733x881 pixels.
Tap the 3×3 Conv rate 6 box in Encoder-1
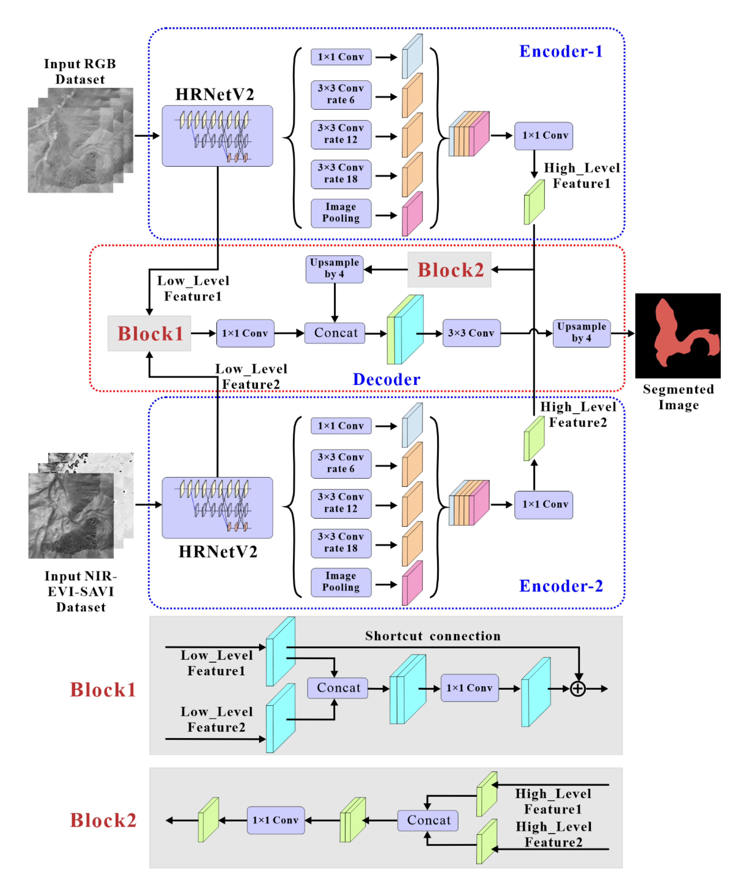pyautogui.click(x=341, y=94)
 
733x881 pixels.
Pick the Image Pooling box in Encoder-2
pyautogui.click(x=341, y=582)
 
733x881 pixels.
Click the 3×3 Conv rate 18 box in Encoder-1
pyautogui.click(x=341, y=174)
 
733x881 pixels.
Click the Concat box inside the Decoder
pyautogui.click(x=335, y=333)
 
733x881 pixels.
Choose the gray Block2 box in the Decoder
pyautogui.click(x=449, y=270)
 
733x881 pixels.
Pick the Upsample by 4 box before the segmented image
pyautogui.click(x=582, y=333)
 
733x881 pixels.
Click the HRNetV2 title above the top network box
pyautogui.click(x=215, y=94)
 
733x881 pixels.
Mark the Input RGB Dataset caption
pyautogui.click(x=80, y=71)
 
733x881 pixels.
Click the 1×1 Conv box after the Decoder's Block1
pyautogui.click(x=245, y=333)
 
